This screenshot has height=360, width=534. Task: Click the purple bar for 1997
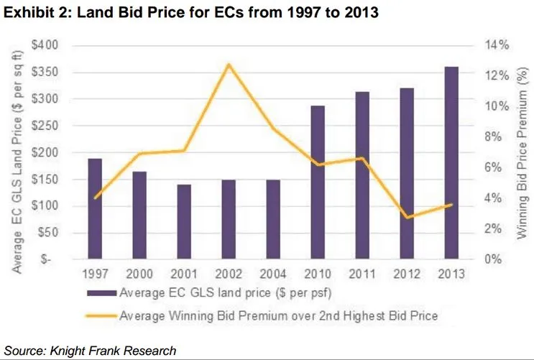pos(95,208)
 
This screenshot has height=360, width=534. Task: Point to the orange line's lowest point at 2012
pos(407,217)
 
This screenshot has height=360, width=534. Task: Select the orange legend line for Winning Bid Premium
pos(101,314)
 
